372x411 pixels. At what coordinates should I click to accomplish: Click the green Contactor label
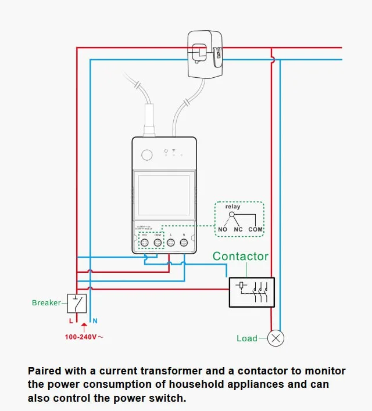(x=241, y=256)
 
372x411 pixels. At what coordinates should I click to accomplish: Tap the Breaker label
(x=46, y=302)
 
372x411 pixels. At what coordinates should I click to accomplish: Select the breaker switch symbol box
(x=77, y=303)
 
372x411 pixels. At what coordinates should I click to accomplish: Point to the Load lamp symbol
(x=276, y=338)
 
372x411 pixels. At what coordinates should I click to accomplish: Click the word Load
(x=247, y=338)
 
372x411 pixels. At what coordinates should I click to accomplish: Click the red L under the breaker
(x=71, y=320)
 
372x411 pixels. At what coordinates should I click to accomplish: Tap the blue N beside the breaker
(x=95, y=320)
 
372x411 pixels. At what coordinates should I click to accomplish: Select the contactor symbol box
(x=251, y=291)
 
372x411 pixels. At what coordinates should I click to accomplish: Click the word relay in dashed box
(x=233, y=207)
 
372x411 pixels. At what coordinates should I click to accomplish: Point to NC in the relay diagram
(x=237, y=229)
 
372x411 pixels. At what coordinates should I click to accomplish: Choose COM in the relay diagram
(x=256, y=229)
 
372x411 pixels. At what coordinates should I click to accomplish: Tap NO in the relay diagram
(x=223, y=229)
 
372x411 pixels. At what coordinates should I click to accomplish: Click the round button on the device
(x=147, y=154)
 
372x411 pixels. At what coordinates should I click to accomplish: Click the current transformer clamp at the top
(x=205, y=55)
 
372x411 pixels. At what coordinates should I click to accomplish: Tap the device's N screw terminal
(x=184, y=243)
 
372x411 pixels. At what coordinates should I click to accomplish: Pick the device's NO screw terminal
(x=144, y=243)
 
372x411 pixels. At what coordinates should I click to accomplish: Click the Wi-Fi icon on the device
(x=173, y=152)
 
